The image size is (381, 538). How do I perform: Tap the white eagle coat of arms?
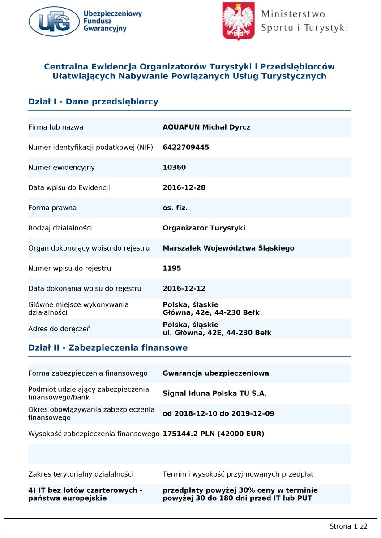(239, 21)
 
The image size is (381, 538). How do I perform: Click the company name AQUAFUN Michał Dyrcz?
(206, 127)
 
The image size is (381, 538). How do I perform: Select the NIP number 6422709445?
(186, 148)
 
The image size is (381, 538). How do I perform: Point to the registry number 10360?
(174, 168)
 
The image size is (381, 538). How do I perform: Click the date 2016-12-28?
(184, 188)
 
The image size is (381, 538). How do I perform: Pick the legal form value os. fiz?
(175, 208)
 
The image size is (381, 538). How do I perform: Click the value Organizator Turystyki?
(204, 228)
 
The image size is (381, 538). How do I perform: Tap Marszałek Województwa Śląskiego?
(228, 248)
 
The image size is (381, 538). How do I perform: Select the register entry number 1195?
(172, 269)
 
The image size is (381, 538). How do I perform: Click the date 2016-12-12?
(184, 289)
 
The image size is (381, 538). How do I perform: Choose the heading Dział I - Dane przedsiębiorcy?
(93, 102)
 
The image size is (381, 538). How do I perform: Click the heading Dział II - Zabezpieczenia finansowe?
(108, 348)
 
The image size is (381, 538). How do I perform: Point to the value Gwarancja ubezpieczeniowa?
(216, 373)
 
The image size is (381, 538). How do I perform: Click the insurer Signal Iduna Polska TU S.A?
(214, 394)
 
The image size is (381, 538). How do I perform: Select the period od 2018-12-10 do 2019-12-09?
(218, 414)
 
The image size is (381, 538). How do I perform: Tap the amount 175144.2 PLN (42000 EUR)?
(213, 434)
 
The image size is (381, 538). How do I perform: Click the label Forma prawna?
(52, 208)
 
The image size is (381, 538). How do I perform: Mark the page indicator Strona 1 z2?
(348, 526)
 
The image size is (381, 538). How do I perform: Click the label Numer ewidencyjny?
(61, 168)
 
